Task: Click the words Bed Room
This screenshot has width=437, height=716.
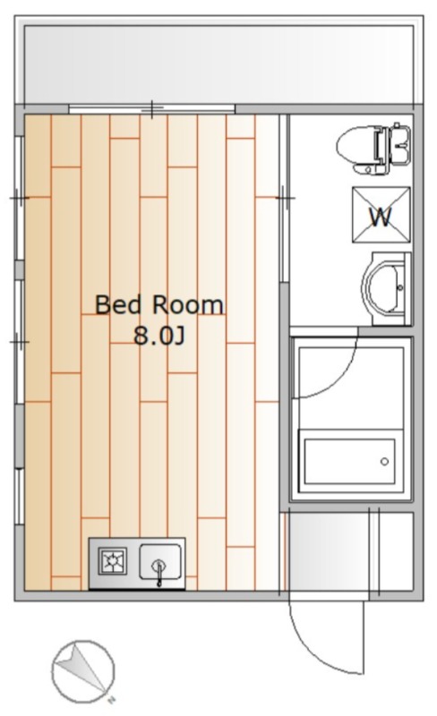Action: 159,305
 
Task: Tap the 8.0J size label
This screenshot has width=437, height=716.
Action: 159,337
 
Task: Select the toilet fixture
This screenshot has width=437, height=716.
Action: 373,149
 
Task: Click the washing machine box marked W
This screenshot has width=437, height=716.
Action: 381,215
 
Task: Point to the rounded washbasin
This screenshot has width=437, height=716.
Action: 387,288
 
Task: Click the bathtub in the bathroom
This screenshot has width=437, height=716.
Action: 351,461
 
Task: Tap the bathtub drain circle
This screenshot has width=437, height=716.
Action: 384,461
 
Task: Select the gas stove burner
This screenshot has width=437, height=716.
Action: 113,561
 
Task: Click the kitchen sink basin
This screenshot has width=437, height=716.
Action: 160,561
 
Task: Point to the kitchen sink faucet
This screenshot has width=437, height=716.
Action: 159,572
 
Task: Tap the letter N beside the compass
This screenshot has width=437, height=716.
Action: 111,699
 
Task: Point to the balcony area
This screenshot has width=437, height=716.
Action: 218,64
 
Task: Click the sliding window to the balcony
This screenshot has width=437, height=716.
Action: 151,109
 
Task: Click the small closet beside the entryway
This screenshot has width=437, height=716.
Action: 396,551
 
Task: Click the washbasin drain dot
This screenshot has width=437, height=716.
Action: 400,287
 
